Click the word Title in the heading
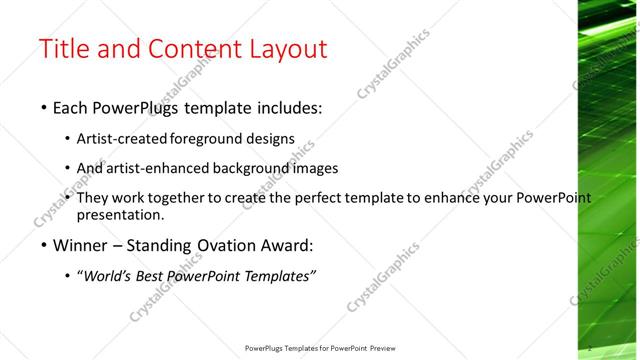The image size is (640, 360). [x=65, y=50]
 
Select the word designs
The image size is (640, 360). [x=271, y=139]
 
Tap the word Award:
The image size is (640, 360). [x=285, y=246]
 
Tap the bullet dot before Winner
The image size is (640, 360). [x=43, y=246]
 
